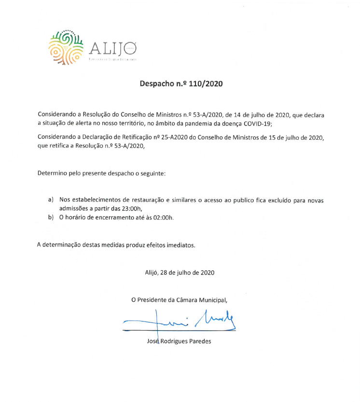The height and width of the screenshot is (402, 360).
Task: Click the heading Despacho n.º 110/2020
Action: [181, 83]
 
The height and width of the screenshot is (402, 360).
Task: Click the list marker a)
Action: [51, 199]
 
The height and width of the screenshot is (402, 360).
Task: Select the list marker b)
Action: [51, 217]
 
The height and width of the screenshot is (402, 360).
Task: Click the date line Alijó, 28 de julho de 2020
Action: [180, 272]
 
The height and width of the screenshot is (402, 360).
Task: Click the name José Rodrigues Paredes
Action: [179, 342]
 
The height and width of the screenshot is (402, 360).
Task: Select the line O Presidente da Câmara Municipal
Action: [180, 300]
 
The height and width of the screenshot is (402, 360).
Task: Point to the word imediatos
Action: [181, 245]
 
